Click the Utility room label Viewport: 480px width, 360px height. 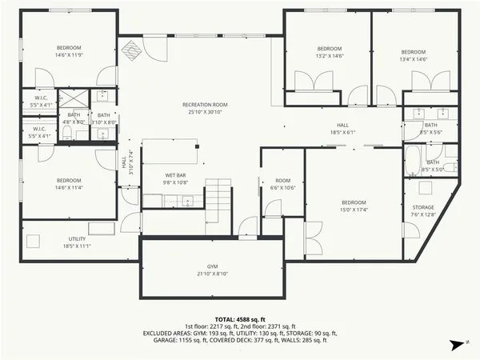77,242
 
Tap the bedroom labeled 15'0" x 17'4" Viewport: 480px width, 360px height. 353,206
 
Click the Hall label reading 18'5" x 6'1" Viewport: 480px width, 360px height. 342,128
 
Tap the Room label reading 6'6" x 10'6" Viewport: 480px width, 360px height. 282,184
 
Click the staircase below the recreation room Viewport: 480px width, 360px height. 217,201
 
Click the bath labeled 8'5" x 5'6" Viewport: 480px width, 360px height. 430,128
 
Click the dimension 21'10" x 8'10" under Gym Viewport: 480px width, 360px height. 212,274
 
